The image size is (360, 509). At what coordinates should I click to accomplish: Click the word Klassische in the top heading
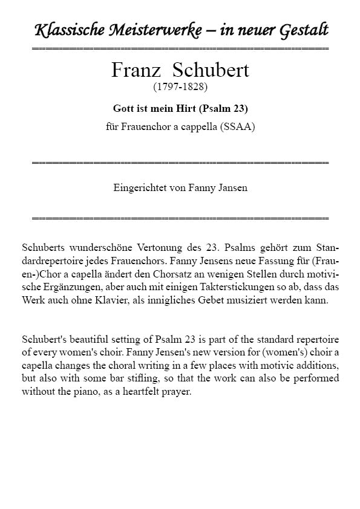(64, 30)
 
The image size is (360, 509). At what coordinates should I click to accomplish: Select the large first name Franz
(137, 70)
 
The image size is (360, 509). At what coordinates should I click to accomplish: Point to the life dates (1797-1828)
(180, 87)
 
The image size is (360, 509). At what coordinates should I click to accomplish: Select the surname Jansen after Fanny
(231, 188)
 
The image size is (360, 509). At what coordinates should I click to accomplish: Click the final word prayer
(177, 392)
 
